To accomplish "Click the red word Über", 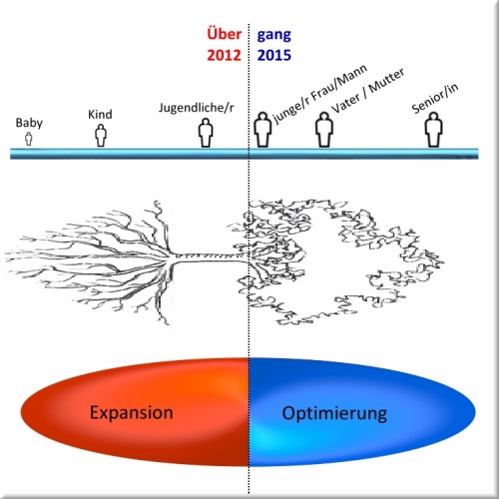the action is (225, 34).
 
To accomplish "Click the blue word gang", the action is (274, 36).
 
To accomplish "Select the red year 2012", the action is (224, 55).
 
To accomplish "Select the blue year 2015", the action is (274, 55).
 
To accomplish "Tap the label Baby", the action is (29, 123).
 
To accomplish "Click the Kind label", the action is (100, 115).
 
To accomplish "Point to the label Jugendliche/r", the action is (197, 108).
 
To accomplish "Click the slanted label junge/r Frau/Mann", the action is (320, 94).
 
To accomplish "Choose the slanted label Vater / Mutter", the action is (368, 90).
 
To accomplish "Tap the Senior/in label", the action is (435, 98).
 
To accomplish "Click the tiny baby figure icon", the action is (29, 139).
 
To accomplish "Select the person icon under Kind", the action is (101, 136).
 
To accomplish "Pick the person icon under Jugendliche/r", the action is (206, 133).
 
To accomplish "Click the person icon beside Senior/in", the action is (434, 130).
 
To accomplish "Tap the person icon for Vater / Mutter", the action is (324, 130).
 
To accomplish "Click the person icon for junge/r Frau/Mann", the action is (262, 130).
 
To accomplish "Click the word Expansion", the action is (132, 413).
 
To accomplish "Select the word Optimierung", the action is (334, 414).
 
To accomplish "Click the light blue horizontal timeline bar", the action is (245, 154).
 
